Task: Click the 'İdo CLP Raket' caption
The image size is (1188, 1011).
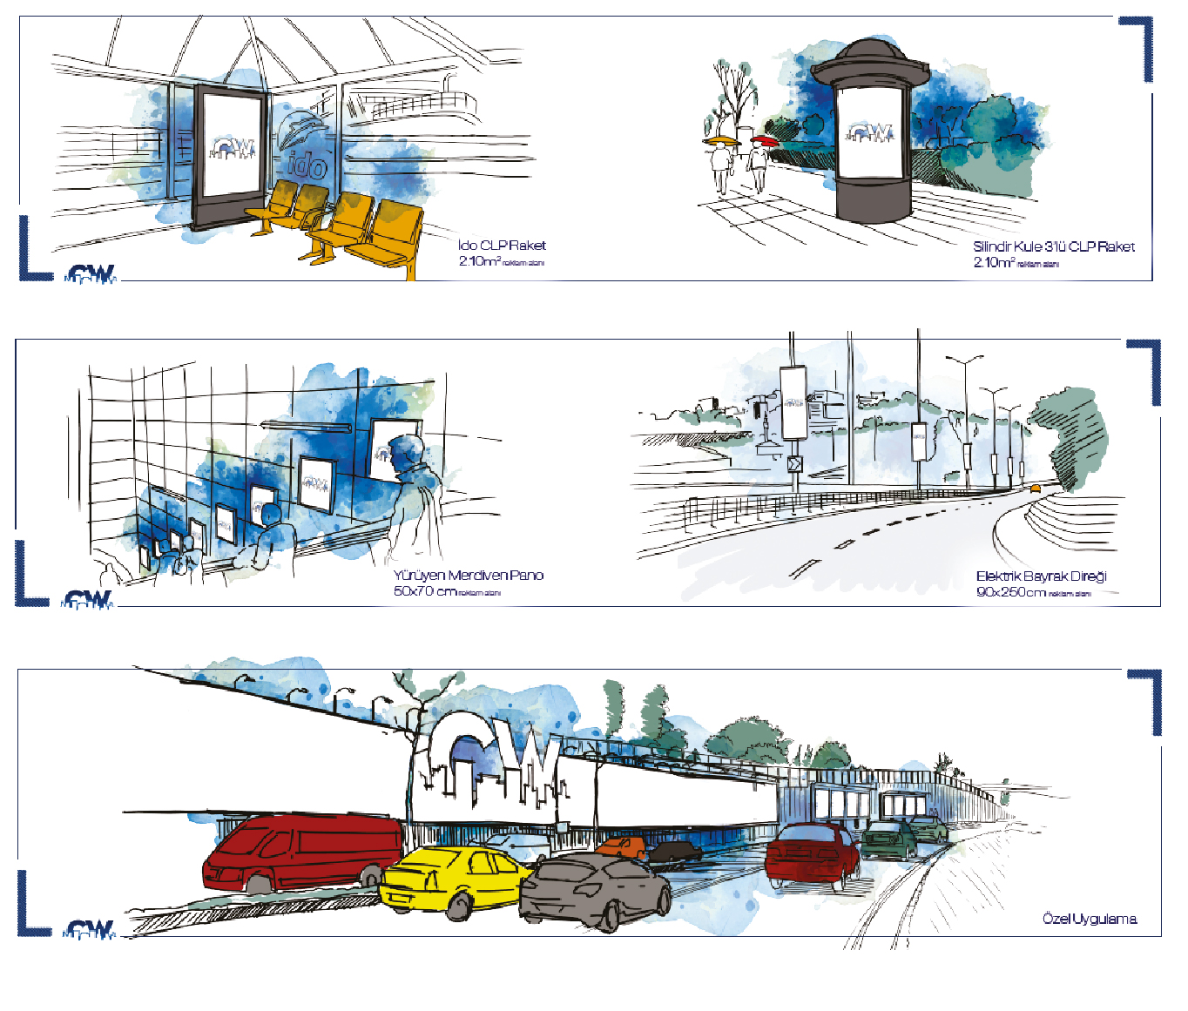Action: point(502,246)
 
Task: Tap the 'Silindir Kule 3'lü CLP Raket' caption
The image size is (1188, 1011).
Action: point(1054,247)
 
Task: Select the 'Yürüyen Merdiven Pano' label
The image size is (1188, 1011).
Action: point(468,576)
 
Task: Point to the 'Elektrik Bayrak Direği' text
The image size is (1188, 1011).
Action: point(1041,576)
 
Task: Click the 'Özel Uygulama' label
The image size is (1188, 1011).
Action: point(1089,919)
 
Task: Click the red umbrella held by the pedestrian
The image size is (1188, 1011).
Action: point(765,140)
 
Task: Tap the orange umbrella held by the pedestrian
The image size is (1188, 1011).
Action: point(722,140)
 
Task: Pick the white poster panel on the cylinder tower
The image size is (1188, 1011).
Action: point(870,132)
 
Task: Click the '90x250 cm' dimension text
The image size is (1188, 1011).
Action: point(1010,592)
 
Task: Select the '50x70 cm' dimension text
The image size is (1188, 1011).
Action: point(424,591)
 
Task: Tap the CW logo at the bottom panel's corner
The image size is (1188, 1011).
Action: point(91,930)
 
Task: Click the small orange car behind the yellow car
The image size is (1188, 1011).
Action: point(623,846)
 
